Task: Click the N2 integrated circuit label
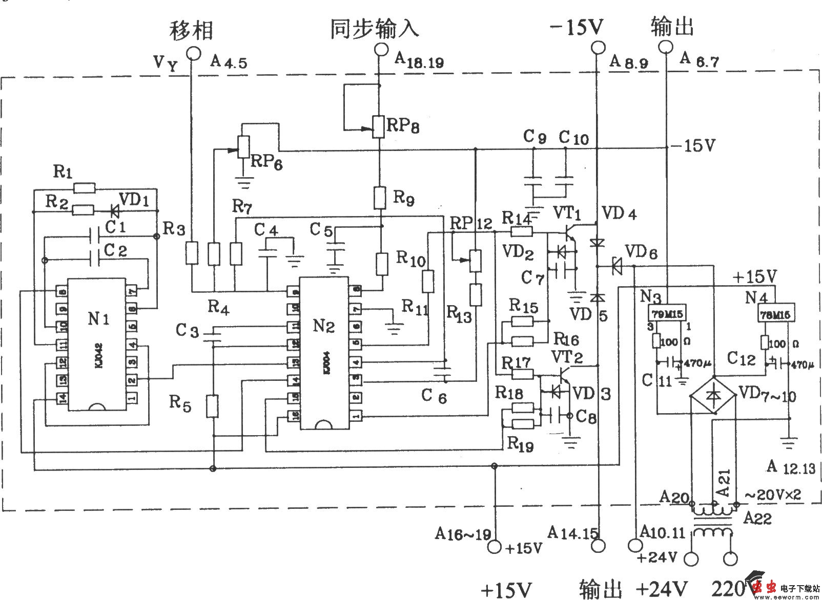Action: [323, 326]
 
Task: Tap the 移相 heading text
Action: [191, 30]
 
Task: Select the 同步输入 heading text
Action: [375, 28]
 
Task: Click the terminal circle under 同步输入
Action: [380, 50]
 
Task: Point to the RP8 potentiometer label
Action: [403, 125]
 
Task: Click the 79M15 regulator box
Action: [668, 313]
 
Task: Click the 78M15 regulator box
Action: [776, 313]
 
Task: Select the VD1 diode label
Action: [134, 199]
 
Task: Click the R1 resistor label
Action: [63, 172]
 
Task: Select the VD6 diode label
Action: [642, 252]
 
